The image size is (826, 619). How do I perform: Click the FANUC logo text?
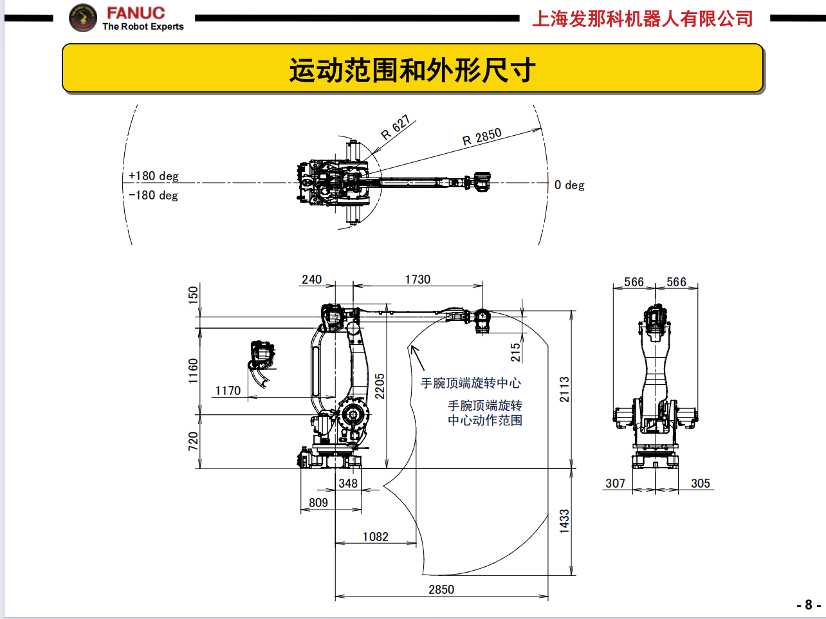136,13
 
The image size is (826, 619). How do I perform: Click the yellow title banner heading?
412,69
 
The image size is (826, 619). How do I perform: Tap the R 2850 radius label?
482,136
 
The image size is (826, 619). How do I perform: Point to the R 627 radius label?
395,127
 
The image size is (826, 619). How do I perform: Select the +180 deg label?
153,176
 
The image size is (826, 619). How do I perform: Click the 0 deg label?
569,185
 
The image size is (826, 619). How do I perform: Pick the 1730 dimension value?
418,279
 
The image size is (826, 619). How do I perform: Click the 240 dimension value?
311,279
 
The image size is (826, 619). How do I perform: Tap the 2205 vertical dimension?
380,386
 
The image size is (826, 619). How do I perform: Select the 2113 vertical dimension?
564,390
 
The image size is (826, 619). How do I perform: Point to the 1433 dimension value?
564,521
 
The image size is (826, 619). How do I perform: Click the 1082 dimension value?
375,537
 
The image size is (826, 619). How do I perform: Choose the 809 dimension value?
318,503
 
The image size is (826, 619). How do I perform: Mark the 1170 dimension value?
228,391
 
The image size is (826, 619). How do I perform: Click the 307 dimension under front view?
615,483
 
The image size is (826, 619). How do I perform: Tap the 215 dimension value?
515,353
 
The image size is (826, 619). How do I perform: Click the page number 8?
808,605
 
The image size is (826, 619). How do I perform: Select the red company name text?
642,19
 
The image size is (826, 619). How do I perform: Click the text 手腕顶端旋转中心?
470,383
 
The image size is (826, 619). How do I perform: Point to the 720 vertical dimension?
193,441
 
